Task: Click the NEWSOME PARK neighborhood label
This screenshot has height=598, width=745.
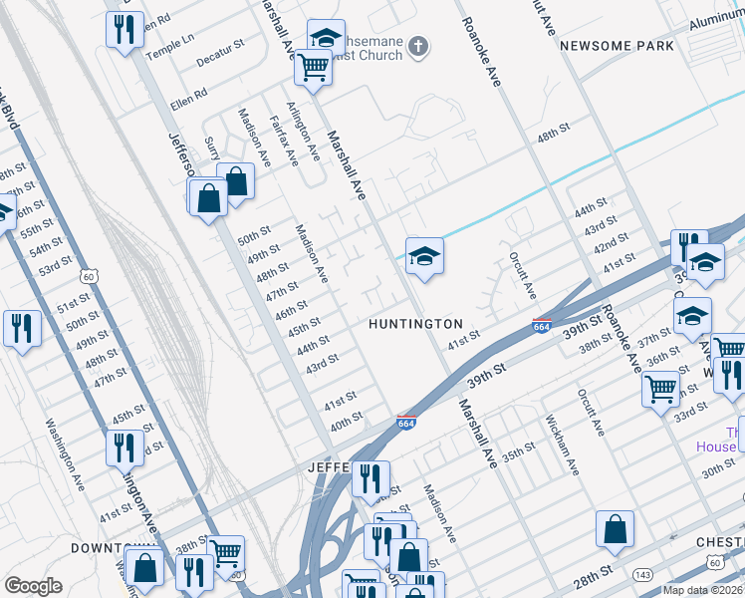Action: [x=616, y=46]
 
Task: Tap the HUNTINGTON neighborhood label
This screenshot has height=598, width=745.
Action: [x=415, y=324]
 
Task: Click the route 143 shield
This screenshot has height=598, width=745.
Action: [x=645, y=574]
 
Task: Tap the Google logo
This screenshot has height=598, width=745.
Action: [x=33, y=586]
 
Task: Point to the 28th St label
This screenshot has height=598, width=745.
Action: [x=594, y=575]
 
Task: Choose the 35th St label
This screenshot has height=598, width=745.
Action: [x=518, y=453]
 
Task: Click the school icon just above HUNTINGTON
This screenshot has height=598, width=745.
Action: [x=423, y=257]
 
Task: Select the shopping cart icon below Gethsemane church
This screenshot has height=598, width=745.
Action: [x=313, y=67]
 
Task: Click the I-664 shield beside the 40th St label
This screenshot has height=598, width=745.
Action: [x=405, y=423]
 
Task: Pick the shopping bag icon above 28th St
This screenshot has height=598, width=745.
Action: [x=616, y=528]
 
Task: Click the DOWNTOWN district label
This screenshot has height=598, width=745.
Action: [x=103, y=548]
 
